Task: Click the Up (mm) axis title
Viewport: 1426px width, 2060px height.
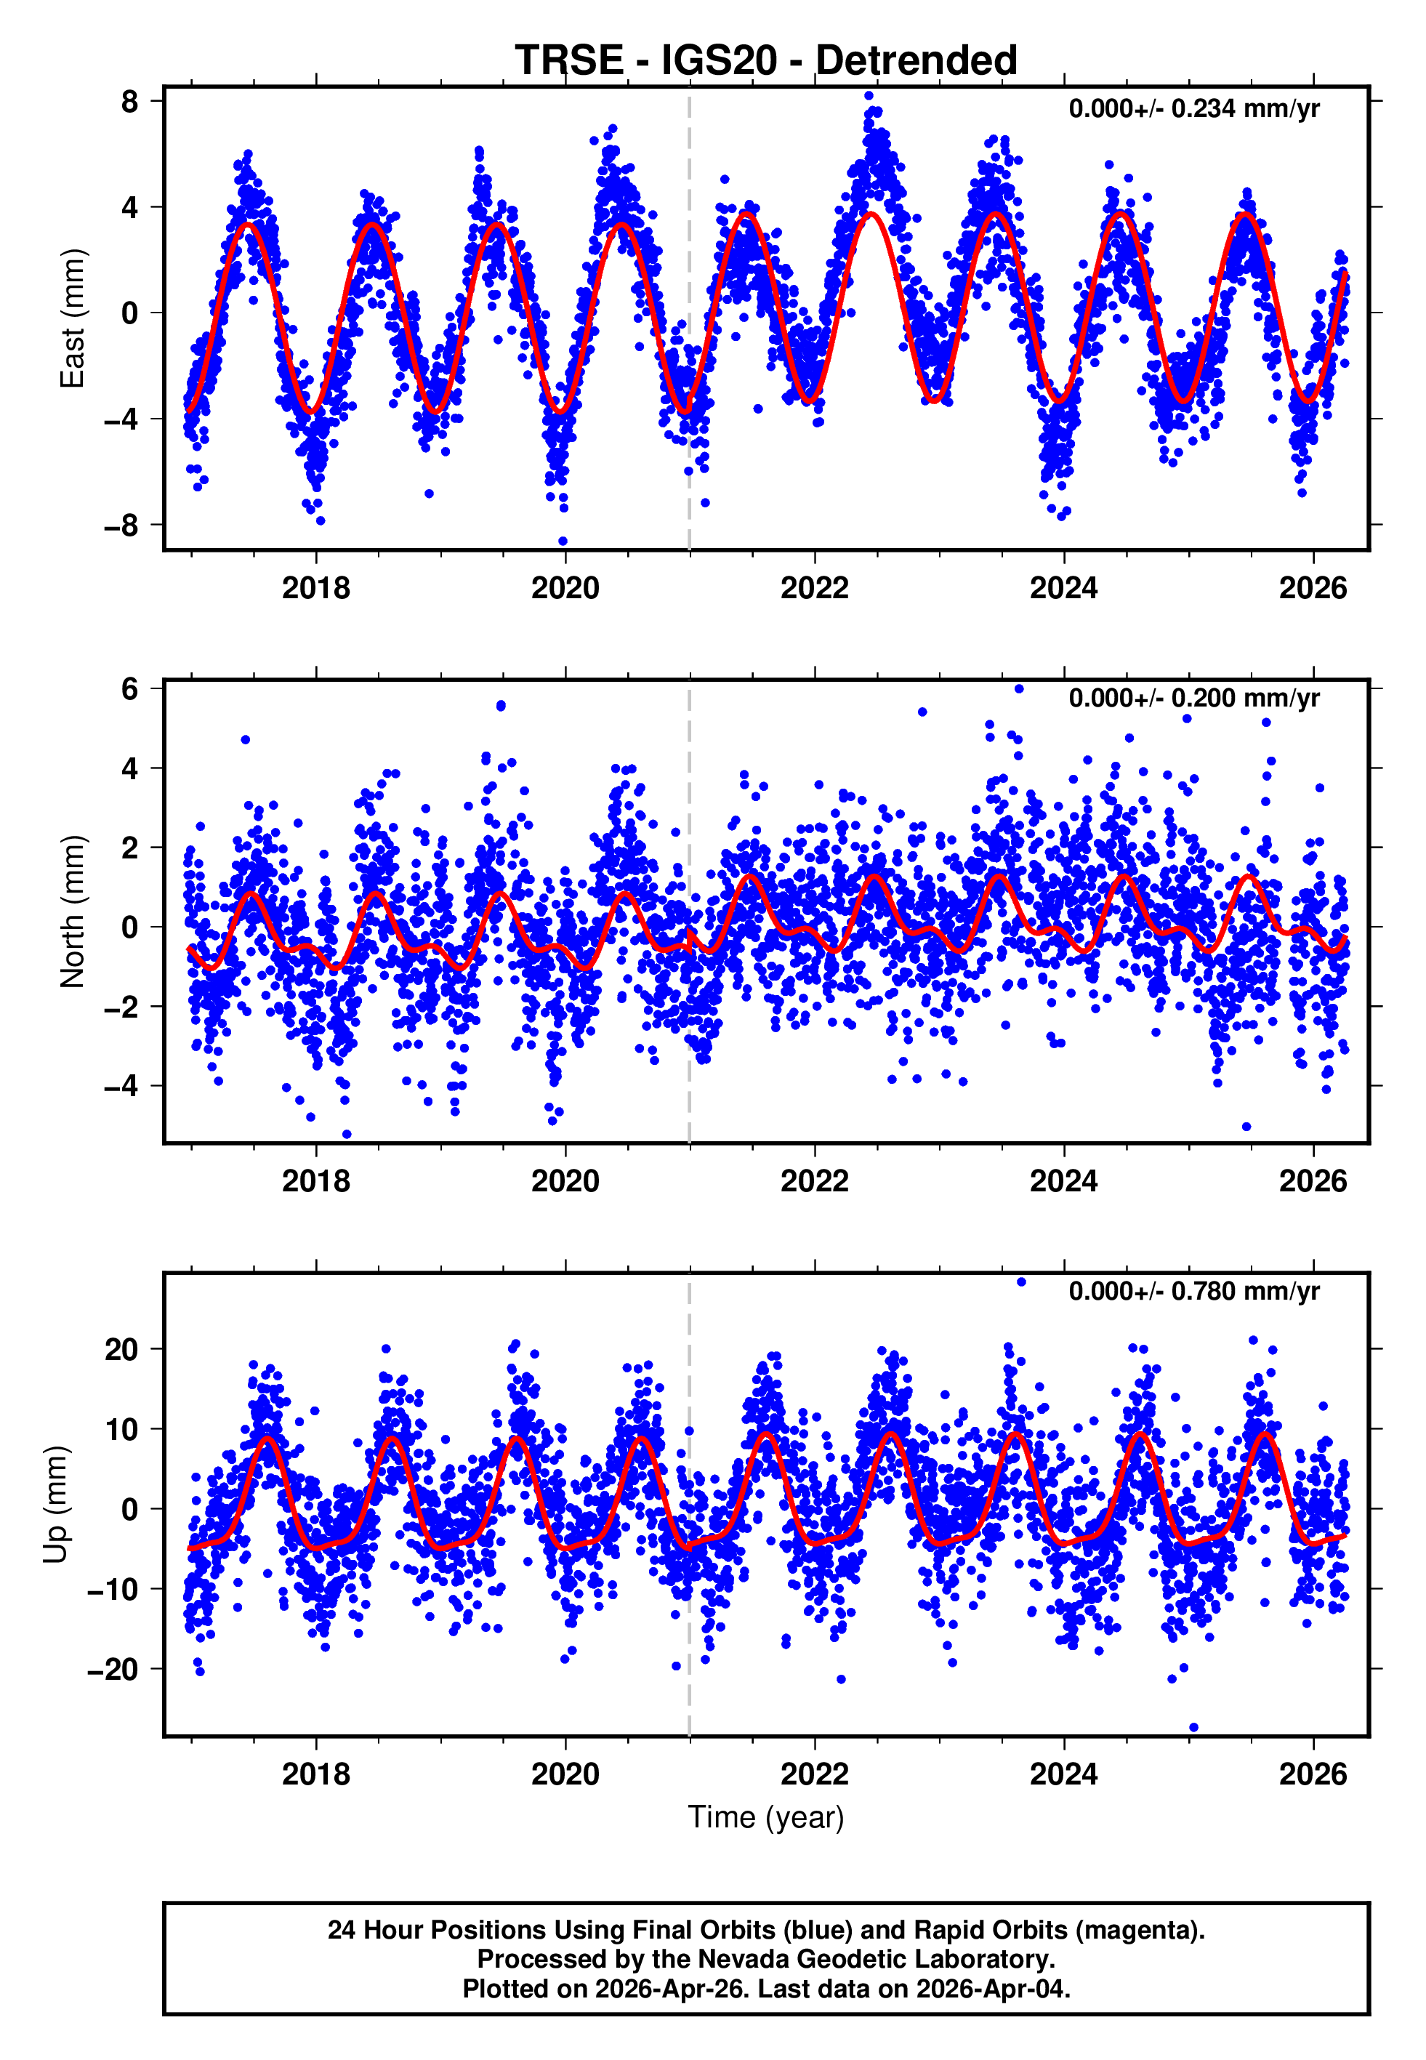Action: (55, 1505)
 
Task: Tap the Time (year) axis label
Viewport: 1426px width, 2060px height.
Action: (766, 1818)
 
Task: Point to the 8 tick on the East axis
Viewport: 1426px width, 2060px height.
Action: (130, 102)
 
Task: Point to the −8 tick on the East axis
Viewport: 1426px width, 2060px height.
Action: (121, 526)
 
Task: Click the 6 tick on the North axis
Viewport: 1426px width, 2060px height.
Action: (130, 689)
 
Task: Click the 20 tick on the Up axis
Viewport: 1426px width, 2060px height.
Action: (121, 1350)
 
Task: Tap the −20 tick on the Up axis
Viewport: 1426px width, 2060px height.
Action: (113, 1670)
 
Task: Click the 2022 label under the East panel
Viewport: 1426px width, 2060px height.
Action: (814, 589)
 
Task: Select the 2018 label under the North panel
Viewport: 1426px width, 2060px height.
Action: (315, 1182)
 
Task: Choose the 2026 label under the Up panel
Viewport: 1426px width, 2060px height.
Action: (1313, 1774)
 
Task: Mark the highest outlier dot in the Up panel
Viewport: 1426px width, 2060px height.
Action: (1021, 1282)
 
